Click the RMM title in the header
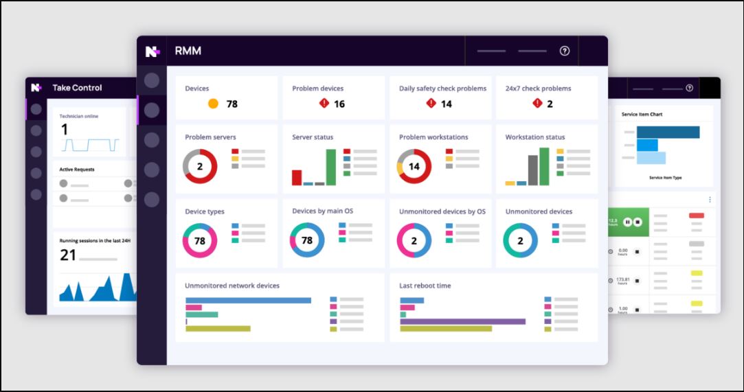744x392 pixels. pyautogui.click(x=188, y=51)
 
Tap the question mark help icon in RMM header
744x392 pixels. pyautogui.click(x=565, y=51)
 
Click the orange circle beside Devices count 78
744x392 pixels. pyautogui.click(x=213, y=104)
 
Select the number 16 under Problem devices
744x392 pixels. pyautogui.click(x=339, y=104)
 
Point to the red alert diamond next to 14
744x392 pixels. pyautogui.click(x=431, y=104)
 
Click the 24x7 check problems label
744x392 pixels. pyautogui.click(x=538, y=89)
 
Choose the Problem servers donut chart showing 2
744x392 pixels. pyautogui.click(x=200, y=167)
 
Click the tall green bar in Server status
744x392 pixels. pyautogui.click(x=331, y=167)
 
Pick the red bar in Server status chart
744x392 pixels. pyautogui.click(x=297, y=177)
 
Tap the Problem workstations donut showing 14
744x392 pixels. pyautogui.click(x=414, y=167)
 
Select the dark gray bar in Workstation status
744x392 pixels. pyautogui.click(x=533, y=170)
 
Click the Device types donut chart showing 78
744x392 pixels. pyautogui.click(x=200, y=241)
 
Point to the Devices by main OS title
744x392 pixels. pyautogui.click(x=322, y=211)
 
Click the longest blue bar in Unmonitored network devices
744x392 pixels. pyautogui.click(x=248, y=300)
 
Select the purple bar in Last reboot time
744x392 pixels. pyautogui.click(x=462, y=321)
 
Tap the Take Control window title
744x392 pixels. pyautogui.click(x=77, y=88)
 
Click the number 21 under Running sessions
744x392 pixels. pyautogui.click(x=68, y=255)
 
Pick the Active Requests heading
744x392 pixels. pyautogui.click(x=77, y=169)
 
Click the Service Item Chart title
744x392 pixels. pyautogui.click(x=642, y=115)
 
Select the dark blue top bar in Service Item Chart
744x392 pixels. pyautogui.click(x=668, y=132)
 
